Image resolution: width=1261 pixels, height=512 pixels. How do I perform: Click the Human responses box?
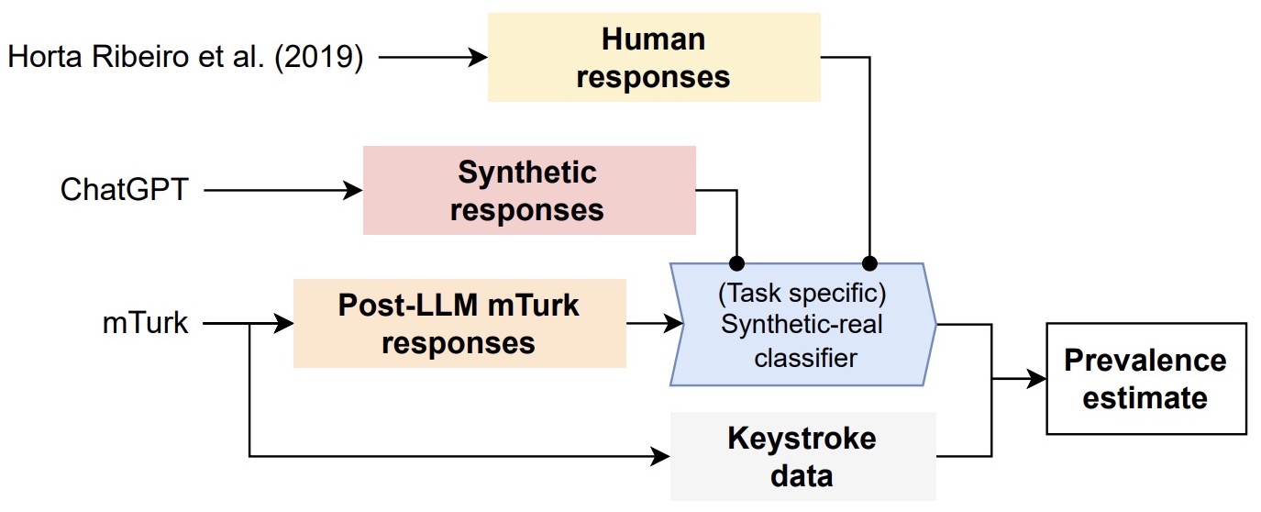click(653, 57)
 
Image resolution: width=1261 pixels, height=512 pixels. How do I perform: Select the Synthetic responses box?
click(529, 190)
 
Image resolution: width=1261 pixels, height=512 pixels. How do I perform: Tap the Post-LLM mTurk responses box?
click(459, 324)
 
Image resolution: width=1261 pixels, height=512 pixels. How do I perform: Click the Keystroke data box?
click(802, 456)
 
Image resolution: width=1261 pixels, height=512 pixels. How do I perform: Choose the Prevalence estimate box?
click(1145, 378)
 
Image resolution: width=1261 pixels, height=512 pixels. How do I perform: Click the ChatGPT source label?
click(124, 191)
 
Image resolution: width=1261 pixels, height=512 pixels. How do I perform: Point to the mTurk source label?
click(146, 323)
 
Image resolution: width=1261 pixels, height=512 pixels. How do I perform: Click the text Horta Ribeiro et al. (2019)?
click(185, 58)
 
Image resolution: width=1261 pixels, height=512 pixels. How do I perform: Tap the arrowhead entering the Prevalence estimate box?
click(1037, 378)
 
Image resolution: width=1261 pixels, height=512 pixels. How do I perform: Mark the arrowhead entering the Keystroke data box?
click(662, 455)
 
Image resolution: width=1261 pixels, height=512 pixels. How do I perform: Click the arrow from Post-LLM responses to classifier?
click(655, 323)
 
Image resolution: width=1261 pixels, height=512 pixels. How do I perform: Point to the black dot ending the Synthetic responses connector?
click(736, 260)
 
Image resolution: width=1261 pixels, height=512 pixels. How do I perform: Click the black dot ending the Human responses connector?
click(868, 260)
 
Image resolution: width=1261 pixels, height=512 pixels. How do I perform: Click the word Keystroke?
click(802, 439)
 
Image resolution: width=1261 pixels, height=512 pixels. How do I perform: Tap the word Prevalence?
click(1145, 360)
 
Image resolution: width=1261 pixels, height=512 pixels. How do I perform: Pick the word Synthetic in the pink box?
click(527, 173)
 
